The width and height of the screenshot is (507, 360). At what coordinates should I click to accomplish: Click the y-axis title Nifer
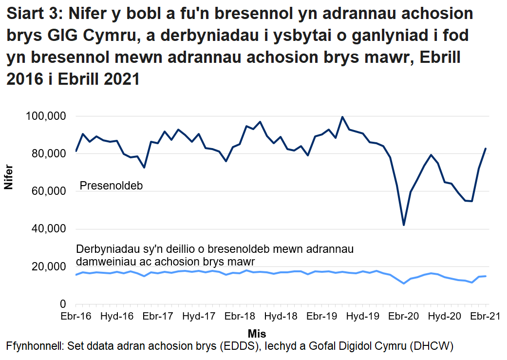click(8, 178)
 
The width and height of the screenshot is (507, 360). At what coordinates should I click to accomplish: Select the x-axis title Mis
click(257, 334)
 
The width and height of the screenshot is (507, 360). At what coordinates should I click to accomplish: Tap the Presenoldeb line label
click(111, 187)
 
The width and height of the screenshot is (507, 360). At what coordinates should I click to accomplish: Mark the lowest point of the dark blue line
click(404, 225)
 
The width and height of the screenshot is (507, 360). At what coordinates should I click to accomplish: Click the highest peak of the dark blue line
click(342, 117)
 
